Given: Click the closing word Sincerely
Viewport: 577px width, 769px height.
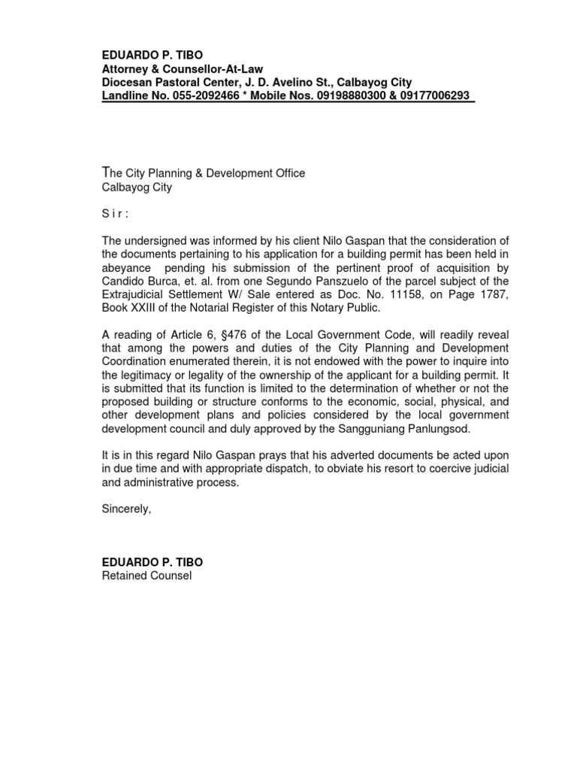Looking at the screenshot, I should [x=126, y=509].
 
